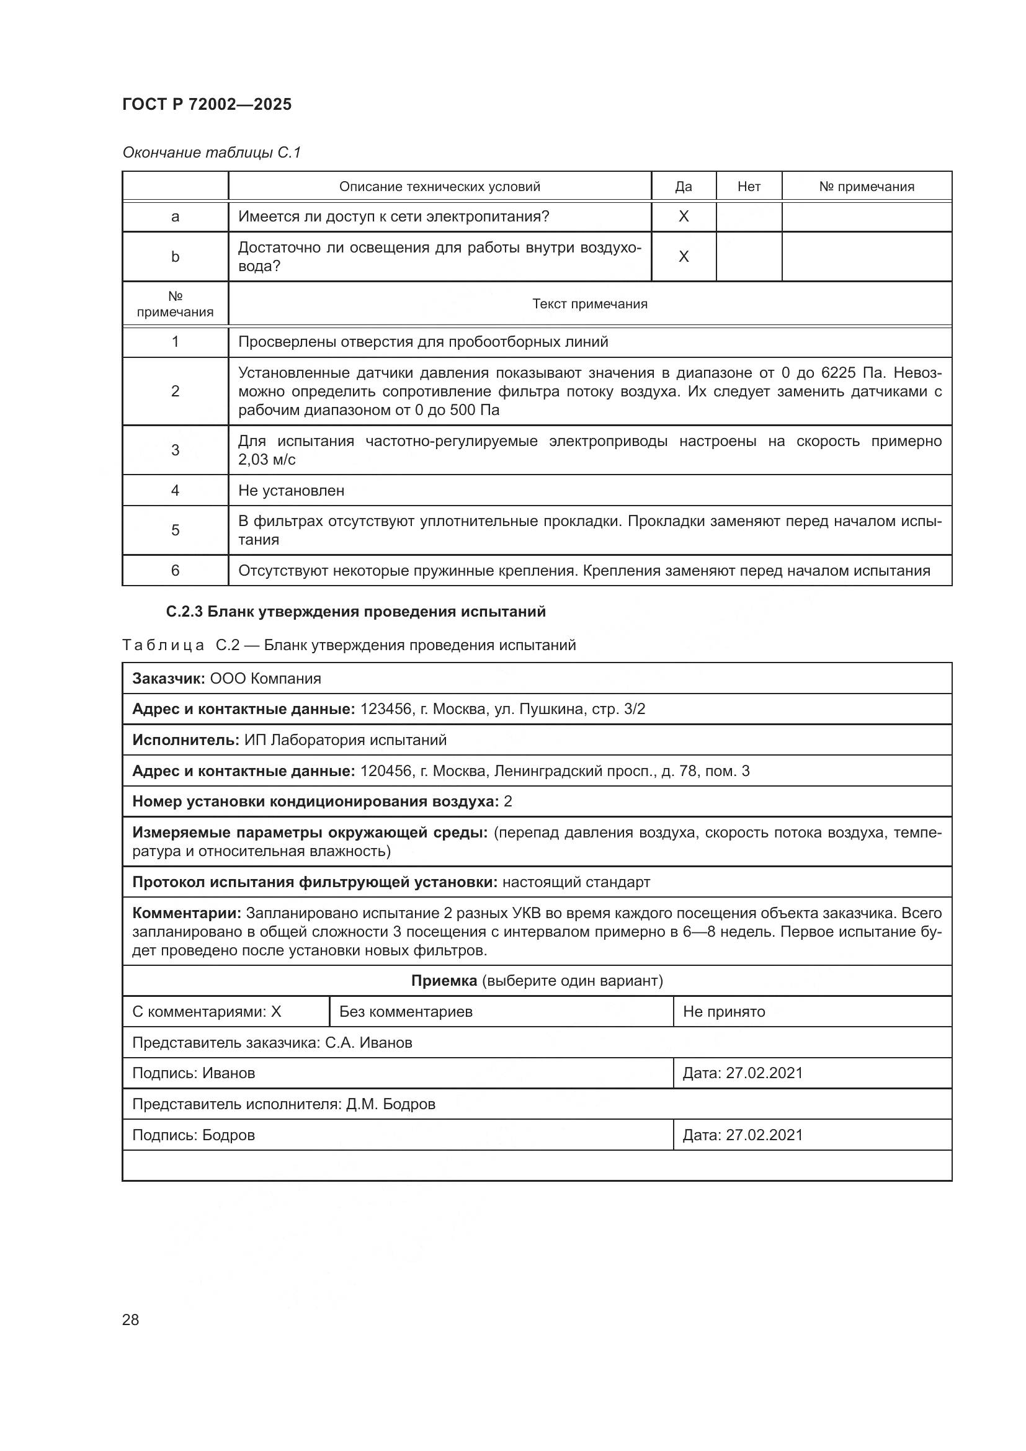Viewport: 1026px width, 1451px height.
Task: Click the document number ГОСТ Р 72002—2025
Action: tap(207, 104)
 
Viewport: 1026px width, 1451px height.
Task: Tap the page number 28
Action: tap(130, 1319)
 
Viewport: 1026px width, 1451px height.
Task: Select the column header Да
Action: tap(683, 187)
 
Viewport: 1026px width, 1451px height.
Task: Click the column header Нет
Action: tap(749, 187)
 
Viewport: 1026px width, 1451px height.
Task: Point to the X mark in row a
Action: tap(683, 217)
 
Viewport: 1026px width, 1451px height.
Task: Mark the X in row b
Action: tap(683, 257)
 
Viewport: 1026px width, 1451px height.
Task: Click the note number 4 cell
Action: tap(175, 491)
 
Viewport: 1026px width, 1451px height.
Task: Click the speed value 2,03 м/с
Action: tap(267, 460)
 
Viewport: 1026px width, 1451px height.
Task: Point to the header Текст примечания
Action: tap(589, 304)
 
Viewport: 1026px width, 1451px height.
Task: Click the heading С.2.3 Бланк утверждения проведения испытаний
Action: tap(355, 612)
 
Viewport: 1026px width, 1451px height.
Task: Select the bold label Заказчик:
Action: tap(168, 678)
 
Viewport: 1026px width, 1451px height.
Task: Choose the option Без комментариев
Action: tap(406, 1012)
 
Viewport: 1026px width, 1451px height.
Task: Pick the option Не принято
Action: tap(723, 1012)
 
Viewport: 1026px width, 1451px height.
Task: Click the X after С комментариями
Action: tap(276, 1012)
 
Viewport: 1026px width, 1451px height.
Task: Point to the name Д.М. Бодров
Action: tap(390, 1104)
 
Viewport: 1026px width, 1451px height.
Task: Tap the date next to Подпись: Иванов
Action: tap(764, 1073)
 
